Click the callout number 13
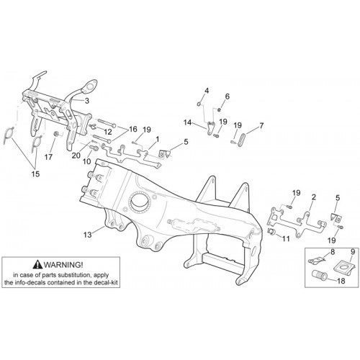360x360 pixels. [88, 235]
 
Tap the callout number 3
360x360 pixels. [87, 101]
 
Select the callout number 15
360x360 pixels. [35, 174]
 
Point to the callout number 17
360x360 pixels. [48, 157]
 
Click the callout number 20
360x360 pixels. [76, 156]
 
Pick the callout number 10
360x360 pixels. [87, 161]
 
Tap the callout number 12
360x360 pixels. [108, 132]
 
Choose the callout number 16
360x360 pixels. [132, 129]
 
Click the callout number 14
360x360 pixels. [187, 122]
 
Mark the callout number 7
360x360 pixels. [261, 125]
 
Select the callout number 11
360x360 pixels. [286, 238]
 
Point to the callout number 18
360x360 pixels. [341, 281]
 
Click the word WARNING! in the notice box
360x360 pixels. [63, 265]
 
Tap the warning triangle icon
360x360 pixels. [37, 264]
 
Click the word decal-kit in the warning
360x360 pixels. [107, 282]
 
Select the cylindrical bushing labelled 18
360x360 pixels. [319, 275]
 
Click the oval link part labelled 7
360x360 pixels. [242, 140]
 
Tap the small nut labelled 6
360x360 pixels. [219, 109]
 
